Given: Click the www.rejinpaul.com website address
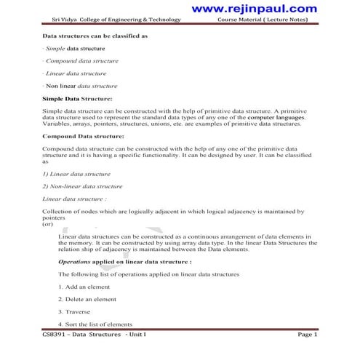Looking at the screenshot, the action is click(x=266, y=8).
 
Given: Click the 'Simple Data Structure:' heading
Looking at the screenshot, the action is click(x=77, y=97).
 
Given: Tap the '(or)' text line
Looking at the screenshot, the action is click(x=49, y=224).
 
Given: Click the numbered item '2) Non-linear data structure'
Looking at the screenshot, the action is click(x=81, y=185).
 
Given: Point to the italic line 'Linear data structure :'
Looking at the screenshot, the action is click(x=75, y=198).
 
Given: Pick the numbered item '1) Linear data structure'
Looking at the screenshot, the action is click(x=76, y=173).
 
